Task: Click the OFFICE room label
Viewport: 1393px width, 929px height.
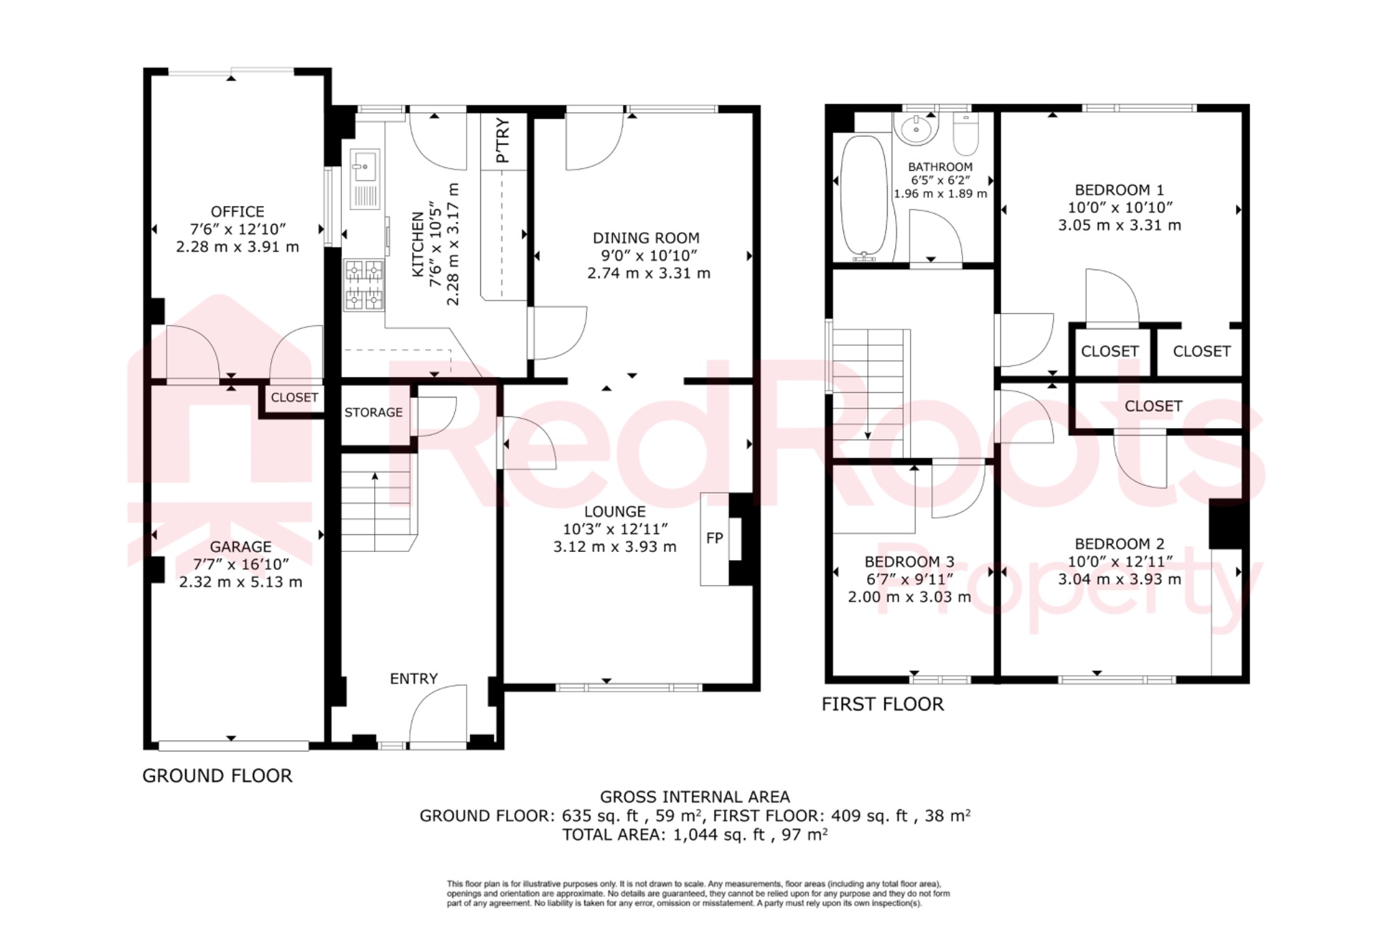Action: click(237, 212)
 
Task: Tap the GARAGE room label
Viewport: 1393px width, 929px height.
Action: click(240, 547)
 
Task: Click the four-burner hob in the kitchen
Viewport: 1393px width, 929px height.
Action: click(364, 285)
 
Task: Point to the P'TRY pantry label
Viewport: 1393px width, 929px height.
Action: click(503, 140)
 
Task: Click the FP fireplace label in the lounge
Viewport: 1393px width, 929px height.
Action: click(714, 538)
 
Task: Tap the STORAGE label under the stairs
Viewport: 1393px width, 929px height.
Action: click(373, 412)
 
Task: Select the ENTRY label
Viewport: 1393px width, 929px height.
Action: click(414, 679)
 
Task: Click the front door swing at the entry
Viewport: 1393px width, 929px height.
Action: click(439, 715)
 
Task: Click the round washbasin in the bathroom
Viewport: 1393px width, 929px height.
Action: click(916, 129)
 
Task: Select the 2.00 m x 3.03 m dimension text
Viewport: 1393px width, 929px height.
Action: click(909, 597)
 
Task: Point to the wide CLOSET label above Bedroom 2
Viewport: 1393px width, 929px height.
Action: click(1153, 406)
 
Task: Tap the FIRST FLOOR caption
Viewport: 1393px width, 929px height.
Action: click(882, 704)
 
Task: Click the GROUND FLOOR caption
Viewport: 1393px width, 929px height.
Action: click(217, 776)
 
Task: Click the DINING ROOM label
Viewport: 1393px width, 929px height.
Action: click(645, 238)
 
